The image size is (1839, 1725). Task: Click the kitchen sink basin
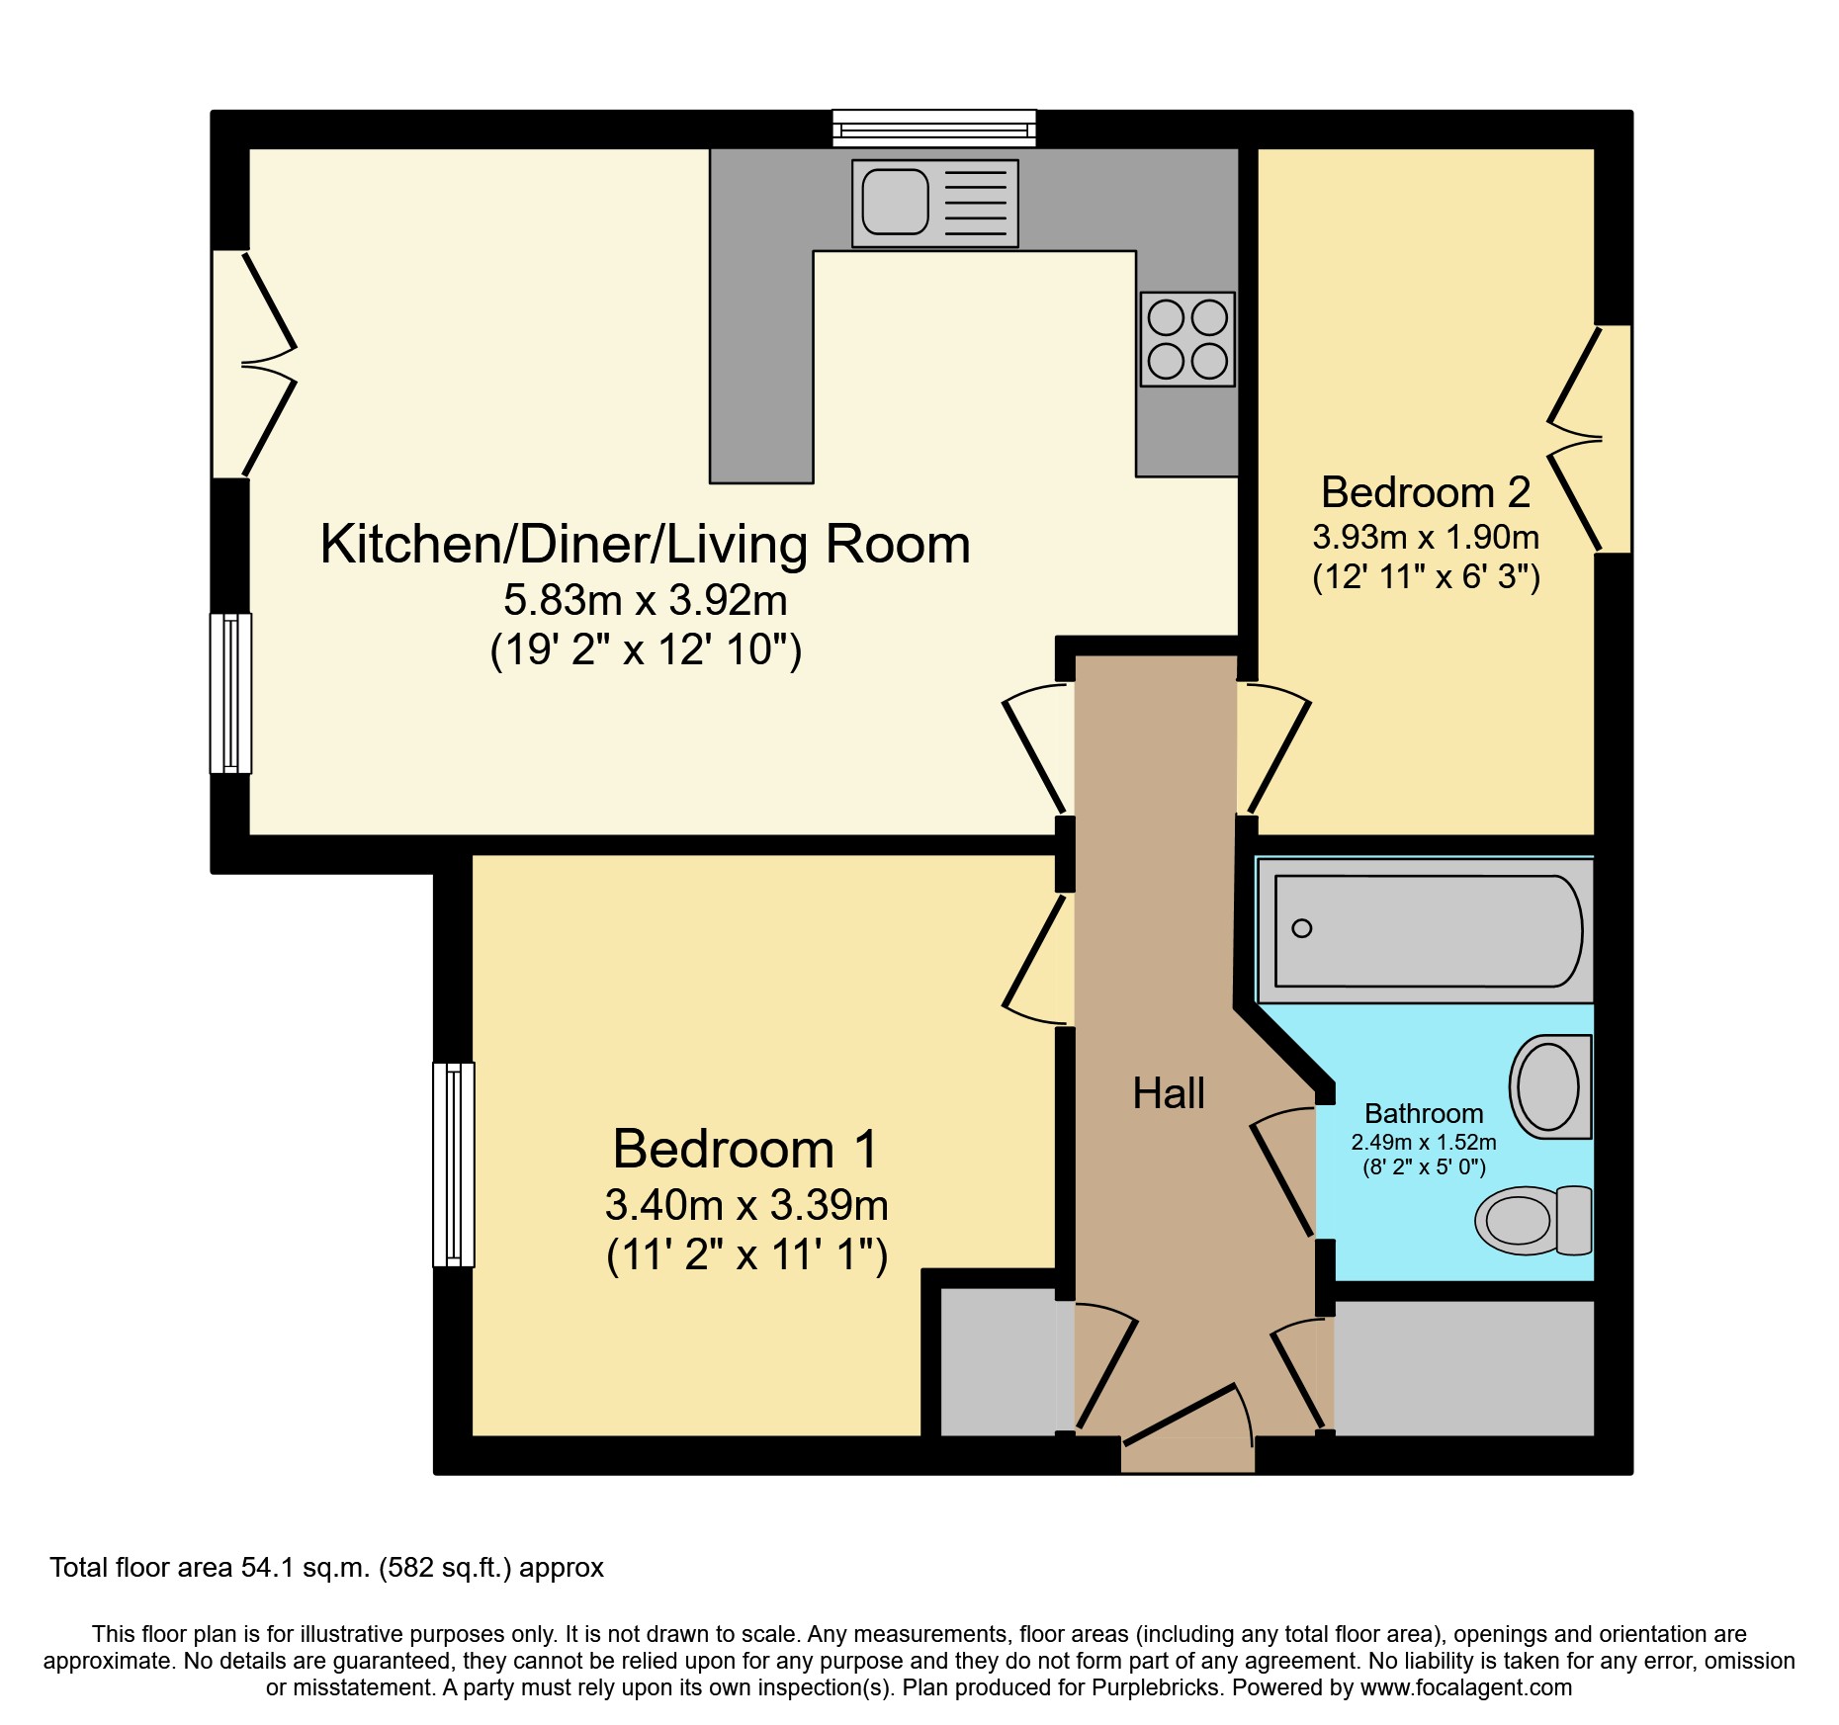pyautogui.click(x=895, y=202)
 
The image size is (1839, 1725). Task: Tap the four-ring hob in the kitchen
pyautogui.click(x=1186, y=339)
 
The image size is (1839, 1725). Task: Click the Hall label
pyautogui.click(x=1168, y=1093)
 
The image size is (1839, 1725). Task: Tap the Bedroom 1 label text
pyautogui.click(x=744, y=1149)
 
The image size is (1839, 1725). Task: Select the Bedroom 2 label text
pyautogui.click(x=1425, y=492)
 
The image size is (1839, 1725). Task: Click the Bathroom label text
pyautogui.click(x=1423, y=1113)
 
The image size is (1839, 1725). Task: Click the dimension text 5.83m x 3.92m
pyautogui.click(x=645, y=600)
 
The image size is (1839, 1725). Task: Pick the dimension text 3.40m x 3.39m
pyautogui.click(x=746, y=1205)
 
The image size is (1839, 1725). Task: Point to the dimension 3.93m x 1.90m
pyautogui.click(x=1425, y=537)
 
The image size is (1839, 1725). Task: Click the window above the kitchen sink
pyautogui.click(x=933, y=129)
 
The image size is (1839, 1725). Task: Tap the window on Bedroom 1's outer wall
pyautogui.click(x=454, y=1164)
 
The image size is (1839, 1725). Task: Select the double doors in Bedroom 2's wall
pyautogui.click(x=1592, y=438)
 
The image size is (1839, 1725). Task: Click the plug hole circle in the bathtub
pyautogui.click(x=1302, y=928)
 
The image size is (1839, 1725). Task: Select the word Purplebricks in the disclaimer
pyautogui.click(x=1155, y=1687)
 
